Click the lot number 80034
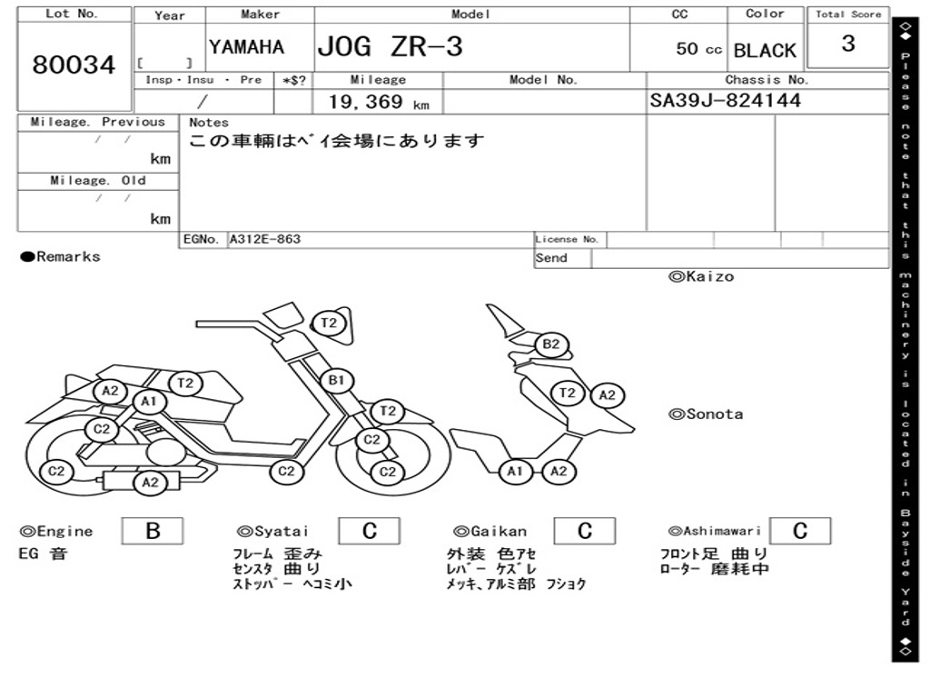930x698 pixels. pyautogui.click(x=74, y=65)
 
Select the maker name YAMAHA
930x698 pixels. pyautogui.click(x=246, y=47)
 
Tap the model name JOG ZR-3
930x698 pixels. pyautogui.click(x=390, y=47)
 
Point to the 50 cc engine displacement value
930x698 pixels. pyautogui.click(x=698, y=49)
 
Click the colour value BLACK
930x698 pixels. pyautogui.click(x=765, y=51)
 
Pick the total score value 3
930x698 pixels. pyautogui.click(x=848, y=44)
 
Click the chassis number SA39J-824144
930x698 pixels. pyautogui.click(x=726, y=101)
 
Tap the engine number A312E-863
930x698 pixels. pyautogui.click(x=265, y=240)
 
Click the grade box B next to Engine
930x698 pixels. pyautogui.click(x=153, y=531)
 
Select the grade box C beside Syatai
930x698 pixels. pyautogui.click(x=369, y=531)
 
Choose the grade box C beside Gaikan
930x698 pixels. pyautogui.click(x=585, y=531)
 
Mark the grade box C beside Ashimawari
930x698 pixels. pyautogui.click(x=799, y=531)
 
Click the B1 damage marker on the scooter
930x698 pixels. pyautogui.click(x=336, y=380)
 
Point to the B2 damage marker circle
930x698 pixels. pyautogui.click(x=551, y=345)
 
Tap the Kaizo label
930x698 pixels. pyautogui.click(x=701, y=276)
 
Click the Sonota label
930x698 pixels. pyautogui.click(x=706, y=414)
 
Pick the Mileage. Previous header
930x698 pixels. pyautogui.click(x=97, y=123)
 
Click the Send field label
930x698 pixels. pyautogui.click(x=551, y=258)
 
